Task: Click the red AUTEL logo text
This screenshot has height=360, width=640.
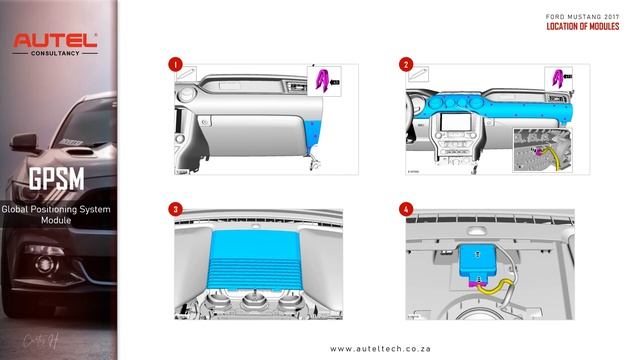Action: coord(55,41)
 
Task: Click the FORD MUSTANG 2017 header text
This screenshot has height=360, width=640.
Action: coord(582,18)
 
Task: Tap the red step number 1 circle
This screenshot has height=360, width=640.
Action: coord(175,64)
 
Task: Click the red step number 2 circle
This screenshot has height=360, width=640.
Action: coord(406,64)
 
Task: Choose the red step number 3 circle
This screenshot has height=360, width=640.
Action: coord(175,209)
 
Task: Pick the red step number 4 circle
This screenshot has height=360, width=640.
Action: coord(406,209)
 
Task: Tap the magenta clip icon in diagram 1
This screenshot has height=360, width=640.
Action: coord(322,79)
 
